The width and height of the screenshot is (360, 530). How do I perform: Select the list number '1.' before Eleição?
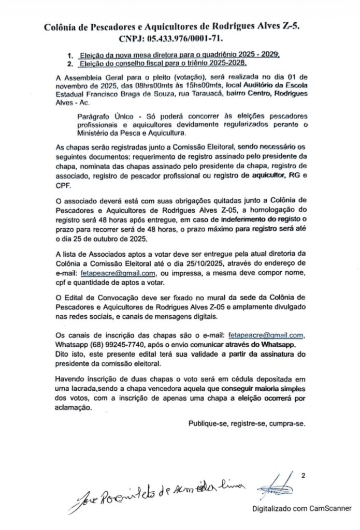pyautogui.click(x=71, y=54)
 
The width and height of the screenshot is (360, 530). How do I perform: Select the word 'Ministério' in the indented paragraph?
pyautogui.click(x=97, y=132)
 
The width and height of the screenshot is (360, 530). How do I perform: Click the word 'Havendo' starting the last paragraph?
pyautogui.click(x=72, y=379)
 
